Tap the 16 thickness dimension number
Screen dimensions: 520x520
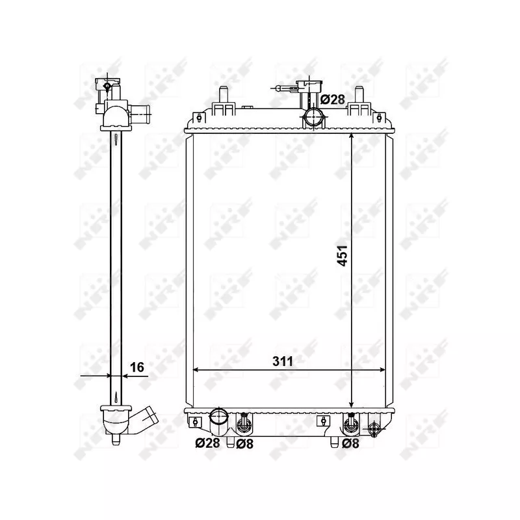[x=136, y=367]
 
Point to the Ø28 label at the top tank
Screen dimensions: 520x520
[x=333, y=99]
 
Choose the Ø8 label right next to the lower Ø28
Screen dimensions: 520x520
[x=244, y=443]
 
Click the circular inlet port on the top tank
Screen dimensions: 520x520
[x=313, y=118]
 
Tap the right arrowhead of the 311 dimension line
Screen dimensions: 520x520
[x=383, y=370]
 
